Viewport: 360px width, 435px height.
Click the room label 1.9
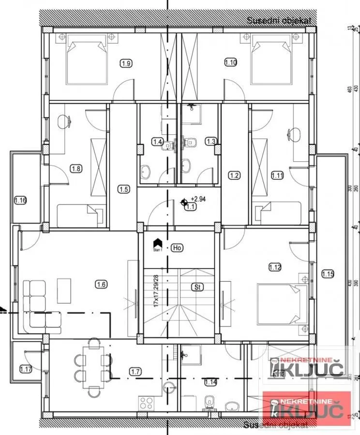coord(126,62)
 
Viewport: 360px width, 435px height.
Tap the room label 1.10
coord(230,62)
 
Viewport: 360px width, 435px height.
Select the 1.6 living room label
coord(101,285)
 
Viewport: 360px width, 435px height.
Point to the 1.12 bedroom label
coord(275,267)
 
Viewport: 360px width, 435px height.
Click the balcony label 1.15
coord(328,275)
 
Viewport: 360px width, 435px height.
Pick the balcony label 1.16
coord(20,200)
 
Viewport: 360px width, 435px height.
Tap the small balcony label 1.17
coord(26,370)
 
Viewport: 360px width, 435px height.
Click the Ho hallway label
coord(177,248)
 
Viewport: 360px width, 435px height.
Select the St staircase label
coord(197,287)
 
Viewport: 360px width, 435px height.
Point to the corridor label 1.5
coord(123,189)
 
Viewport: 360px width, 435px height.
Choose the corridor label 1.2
coord(235,175)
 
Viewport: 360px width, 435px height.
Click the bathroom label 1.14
coord(210,382)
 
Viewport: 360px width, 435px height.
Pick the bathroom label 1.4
coord(157,142)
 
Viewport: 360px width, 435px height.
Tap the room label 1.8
coord(76,169)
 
